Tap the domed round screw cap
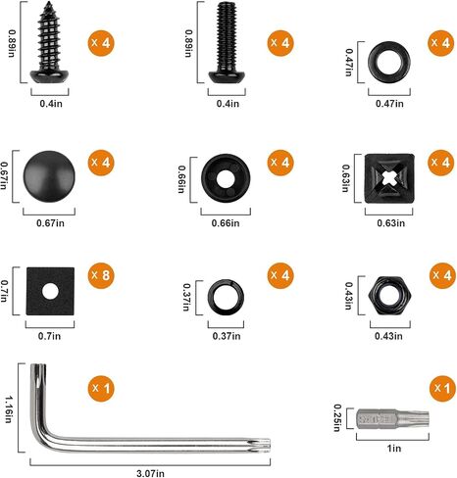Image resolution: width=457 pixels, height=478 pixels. [49, 176]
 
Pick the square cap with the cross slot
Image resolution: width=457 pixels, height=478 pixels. [389, 178]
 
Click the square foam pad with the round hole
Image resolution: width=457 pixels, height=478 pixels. [50, 291]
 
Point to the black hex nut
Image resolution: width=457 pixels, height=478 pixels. [389, 296]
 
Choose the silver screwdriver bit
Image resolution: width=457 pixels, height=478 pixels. [392, 419]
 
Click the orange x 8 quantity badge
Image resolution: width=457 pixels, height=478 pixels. [101, 275]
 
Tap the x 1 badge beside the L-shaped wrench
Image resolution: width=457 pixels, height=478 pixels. [101, 388]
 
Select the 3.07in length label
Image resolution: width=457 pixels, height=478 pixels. [150, 473]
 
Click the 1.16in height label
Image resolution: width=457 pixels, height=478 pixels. [9, 409]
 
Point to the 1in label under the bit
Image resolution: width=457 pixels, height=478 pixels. [394, 449]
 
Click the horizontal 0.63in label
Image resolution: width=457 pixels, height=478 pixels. [390, 223]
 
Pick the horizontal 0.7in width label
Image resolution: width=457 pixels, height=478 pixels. [49, 336]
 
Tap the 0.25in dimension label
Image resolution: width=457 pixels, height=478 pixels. [337, 417]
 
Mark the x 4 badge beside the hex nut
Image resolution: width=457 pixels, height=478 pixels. [442, 275]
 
